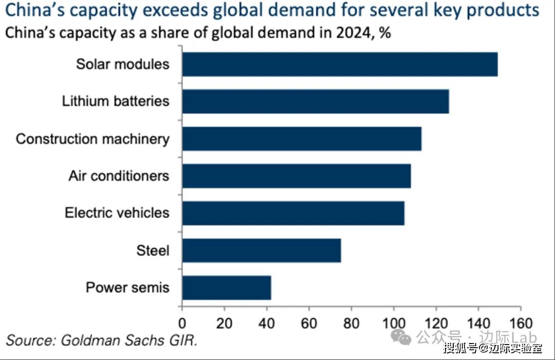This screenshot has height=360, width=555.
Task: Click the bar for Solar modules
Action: [x=340, y=64]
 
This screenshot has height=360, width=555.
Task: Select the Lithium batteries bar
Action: [x=316, y=101]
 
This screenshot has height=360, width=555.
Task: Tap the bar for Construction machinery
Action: [x=302, y=138]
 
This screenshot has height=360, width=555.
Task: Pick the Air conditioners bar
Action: [x=297, y=176]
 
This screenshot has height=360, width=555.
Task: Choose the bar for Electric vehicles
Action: [x=293, y=213]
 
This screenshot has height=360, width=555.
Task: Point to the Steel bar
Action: [x=261, y=250]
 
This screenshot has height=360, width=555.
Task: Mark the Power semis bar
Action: [x=226, y=287]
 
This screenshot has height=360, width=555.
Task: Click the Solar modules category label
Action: [x=122, y=64]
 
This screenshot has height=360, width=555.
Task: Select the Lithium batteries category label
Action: [x=116, y=101]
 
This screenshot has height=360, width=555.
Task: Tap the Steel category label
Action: [x=153, y=250]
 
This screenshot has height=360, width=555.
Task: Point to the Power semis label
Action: [x=127, y=287]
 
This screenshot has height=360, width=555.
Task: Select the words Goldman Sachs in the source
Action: [x=111, y=340]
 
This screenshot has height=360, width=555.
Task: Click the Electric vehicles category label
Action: [x=117, y=213]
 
